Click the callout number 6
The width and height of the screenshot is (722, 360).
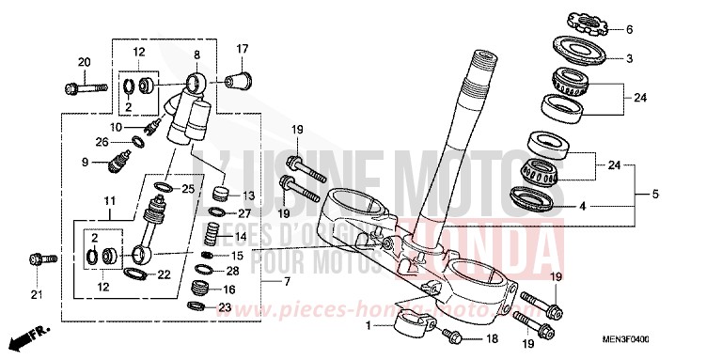point(629,28)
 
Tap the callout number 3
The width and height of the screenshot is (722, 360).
point(629,58)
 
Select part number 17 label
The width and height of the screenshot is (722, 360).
point(242,48)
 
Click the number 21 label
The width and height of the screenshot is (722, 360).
point(38,298)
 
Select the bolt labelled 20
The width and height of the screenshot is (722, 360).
point(79,89)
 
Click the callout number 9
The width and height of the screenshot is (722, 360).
point(112,162)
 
